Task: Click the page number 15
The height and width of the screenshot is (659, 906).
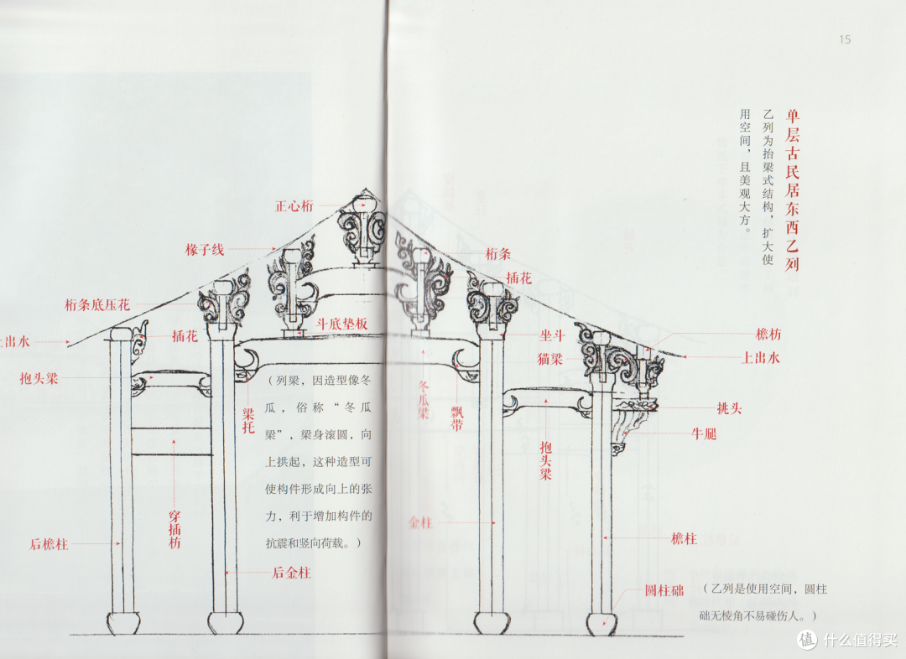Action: [845, 39]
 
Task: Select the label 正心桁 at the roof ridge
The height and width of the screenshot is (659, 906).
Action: [294, 205]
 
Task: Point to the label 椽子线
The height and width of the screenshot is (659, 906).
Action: [206, 250]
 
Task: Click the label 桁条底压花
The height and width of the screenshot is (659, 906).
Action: [97, 305]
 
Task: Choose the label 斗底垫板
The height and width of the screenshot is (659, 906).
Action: [342, 323]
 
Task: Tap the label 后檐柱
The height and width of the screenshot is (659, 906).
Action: [49, 544]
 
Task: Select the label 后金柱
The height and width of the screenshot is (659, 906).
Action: [291, 573]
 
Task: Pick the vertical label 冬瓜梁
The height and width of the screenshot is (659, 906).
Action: [424, 396]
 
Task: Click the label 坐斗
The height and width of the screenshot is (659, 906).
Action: [550, 334]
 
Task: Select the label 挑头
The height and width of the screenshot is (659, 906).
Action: [729, 408]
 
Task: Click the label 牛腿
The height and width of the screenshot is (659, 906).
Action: [704, 434]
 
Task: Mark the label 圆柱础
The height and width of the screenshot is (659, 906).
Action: [665, 590]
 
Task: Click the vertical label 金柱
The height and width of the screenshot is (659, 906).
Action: [419, 521]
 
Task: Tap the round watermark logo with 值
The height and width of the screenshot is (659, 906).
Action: [807, 640]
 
